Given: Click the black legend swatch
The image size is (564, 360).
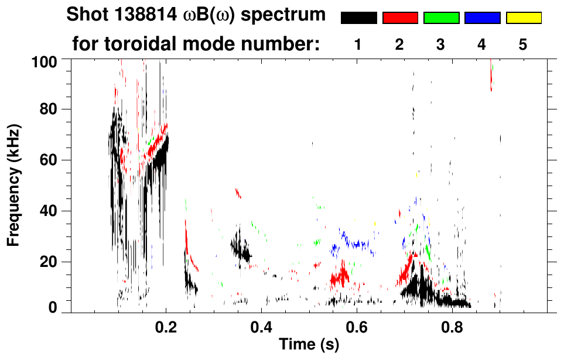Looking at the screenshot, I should [359, 18].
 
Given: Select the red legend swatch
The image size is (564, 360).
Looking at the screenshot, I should [400, 18].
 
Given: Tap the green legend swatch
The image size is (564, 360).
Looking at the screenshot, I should [441, 18].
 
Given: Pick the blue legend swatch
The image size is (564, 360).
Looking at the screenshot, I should [482, 18].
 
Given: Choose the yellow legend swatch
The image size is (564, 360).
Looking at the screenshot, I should [523, 18].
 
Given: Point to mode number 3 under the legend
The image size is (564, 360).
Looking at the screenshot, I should [441, 45].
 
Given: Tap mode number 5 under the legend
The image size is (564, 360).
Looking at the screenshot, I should [523, 45].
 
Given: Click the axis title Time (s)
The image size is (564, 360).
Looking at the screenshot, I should [308, 345].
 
